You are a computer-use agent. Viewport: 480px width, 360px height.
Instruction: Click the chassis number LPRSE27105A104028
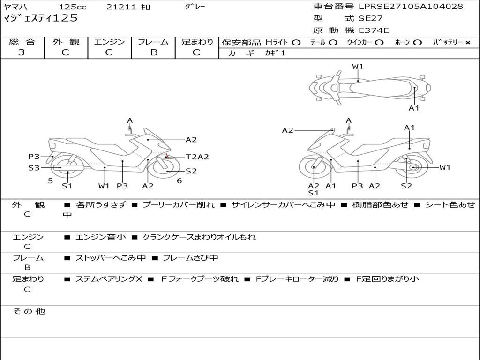coord(411,7)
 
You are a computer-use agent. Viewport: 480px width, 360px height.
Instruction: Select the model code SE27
coord(370,19)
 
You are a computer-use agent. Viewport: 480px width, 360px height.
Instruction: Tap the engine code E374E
coord(374,30)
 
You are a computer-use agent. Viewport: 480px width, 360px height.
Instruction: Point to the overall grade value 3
coord(22,52)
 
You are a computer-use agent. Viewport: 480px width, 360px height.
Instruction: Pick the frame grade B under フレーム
coord(153,52)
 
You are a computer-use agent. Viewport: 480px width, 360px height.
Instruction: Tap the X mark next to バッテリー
coord(467,42)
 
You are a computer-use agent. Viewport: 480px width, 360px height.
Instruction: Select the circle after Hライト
coord(296,42)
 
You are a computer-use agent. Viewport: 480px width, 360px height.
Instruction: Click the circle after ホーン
coord(417,42)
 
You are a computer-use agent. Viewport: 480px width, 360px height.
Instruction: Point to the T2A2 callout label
coord(197,157)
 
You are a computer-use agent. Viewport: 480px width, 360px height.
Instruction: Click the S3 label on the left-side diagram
coord(34,167)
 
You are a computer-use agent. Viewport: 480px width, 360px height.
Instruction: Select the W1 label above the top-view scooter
coord(358,67)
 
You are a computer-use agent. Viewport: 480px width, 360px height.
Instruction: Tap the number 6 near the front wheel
coord(179,180)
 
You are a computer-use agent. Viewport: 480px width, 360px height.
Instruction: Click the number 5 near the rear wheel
coord(50,180)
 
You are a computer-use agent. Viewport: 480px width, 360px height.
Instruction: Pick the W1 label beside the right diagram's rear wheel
coord(444,167)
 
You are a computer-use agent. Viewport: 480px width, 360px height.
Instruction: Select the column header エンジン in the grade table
coord(109,42)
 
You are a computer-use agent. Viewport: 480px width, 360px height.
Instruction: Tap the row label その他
coord(29,311)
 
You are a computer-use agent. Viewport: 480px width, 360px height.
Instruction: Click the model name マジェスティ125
coord(40,19)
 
